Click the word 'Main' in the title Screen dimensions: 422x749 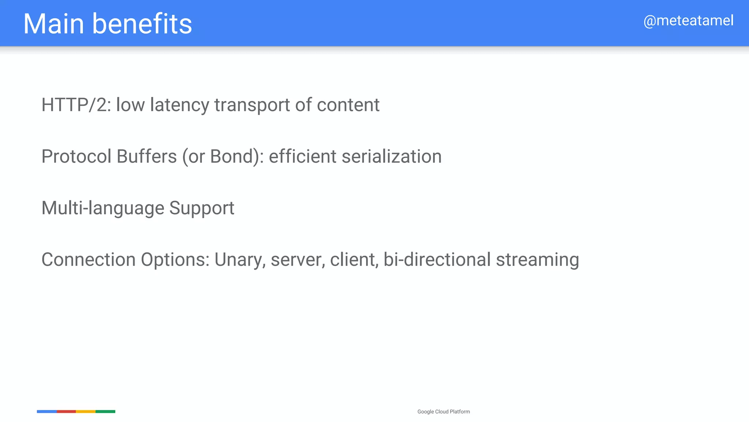tap(54, 24)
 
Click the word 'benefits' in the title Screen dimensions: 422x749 tap(142, 24)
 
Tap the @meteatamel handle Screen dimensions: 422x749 tap(688, 21)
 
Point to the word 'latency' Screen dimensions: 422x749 tap(179, 105)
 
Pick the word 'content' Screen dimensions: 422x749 tap(348, 105)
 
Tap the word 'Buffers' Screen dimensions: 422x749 tap(147, 156)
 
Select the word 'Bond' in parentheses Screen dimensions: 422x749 tap(232, 156)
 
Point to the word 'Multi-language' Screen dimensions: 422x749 tap(103, 208)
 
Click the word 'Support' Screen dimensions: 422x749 tap(202, 208)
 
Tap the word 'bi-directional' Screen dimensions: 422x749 tap(437, 260)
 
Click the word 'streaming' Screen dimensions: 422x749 tap(537, 260)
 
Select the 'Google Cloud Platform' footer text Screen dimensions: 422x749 tap(444, 412)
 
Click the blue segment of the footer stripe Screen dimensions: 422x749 tap(47, 411)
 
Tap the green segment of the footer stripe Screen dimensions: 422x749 tap(105, 411)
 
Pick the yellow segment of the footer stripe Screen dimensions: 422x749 tap(86, 411)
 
